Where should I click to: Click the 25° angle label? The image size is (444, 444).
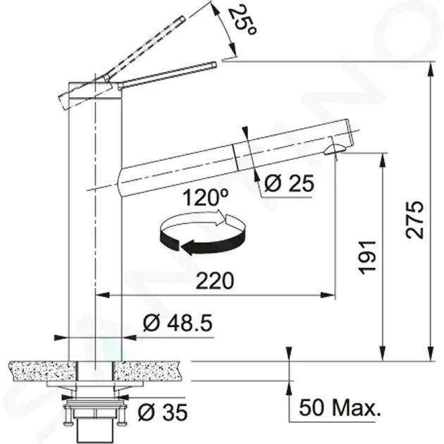(242, 20)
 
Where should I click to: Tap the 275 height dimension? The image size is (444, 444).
(414, 220)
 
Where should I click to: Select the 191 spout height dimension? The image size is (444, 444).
(367, 257)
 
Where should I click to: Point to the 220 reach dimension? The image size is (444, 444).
(215, 280)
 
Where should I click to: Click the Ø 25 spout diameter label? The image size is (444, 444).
(289, 183)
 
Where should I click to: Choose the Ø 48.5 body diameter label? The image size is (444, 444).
(178, 323)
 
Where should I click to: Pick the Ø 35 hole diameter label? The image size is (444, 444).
(163, 412)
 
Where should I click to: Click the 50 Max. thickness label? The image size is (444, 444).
(340, 407)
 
